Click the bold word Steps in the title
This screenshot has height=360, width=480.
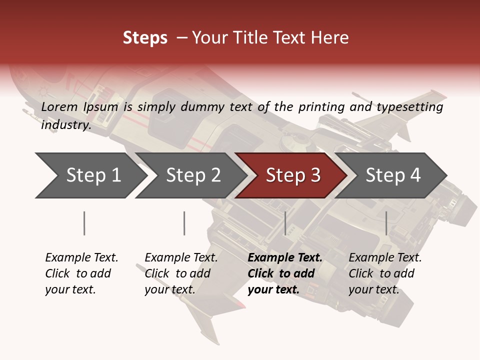[x=145, y=38]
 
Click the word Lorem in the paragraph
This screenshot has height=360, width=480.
[x=59, y=106]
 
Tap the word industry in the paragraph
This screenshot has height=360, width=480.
[x=65, y=124]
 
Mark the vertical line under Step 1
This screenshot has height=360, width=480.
[x=84, y=223]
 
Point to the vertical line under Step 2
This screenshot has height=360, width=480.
[x=184, y=223]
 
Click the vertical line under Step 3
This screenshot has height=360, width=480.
[x=285, y=223]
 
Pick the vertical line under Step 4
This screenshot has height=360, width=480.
[x=386, y=223]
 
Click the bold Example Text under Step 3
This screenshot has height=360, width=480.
[x=285, y=257]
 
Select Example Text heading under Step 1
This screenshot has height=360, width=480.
[x=81, y=257]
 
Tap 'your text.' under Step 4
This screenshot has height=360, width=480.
[x=373, y=289]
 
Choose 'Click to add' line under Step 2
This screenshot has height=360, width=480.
[x=177, y=273]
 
